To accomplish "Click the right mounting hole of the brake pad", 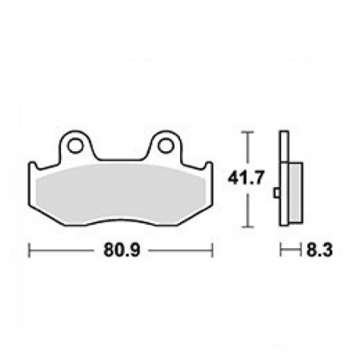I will tap(165, 146).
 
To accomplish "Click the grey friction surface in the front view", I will tap(120, 192).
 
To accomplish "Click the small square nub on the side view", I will tap(277, 193).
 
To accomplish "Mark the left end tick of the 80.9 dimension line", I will tap(30, 250).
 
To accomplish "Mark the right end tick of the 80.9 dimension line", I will tap(211, 250).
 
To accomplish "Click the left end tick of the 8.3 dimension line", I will tap(280, 250).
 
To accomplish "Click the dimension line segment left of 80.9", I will tap(64, 250).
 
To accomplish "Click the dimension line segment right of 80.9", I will tap(180, 250).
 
